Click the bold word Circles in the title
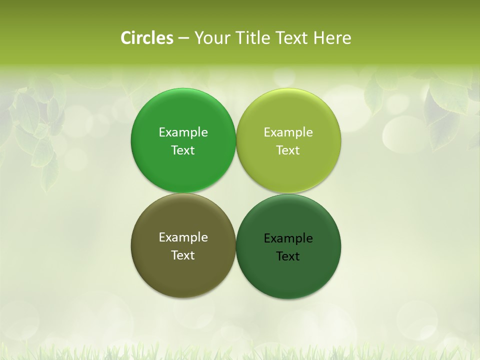click(147, 37)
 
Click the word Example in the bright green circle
click(183, 132)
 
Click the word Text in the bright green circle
click(183, 150)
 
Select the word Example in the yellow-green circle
click(288, 132)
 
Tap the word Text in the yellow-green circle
click(288, 150)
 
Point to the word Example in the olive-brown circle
click(183, 237)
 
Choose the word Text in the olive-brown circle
click(183, 255)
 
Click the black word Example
click(288, 238)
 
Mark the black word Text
click(288, 256)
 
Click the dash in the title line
click(183, 38)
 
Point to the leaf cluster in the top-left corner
click(35, 125)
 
